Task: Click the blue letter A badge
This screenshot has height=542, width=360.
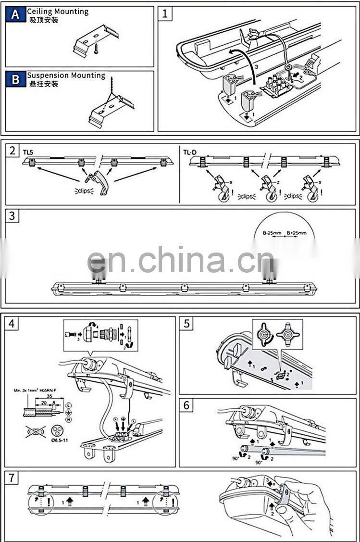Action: click(16, 15)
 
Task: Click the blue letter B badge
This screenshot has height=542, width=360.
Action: click(16, 79)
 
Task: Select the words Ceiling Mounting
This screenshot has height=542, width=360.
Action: click(58, 11)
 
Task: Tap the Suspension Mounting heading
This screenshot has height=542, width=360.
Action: click(66, 76)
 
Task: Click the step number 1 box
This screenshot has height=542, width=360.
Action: click(165, 13)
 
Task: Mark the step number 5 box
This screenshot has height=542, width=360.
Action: click(186, 324)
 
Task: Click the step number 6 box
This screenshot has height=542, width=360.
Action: click(186, 405)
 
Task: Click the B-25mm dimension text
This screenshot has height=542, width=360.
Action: click(272, 233)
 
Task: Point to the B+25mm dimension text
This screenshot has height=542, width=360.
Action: click(296, 233)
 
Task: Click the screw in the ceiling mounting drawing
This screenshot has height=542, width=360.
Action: click(96, 47)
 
